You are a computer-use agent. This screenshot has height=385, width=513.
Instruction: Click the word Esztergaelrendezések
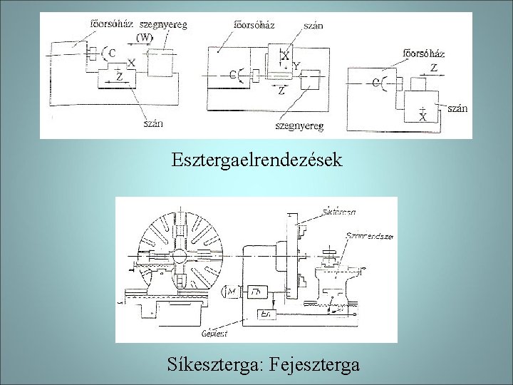tap(256, 158)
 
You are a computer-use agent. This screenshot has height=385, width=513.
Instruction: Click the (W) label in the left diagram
tap(145, 37)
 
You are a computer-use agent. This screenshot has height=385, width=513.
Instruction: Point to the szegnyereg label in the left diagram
tap(164, 24)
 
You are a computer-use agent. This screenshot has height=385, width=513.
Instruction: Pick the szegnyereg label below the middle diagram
tap(299, 126)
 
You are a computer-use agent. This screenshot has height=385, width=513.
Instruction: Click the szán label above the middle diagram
tap(313, 26)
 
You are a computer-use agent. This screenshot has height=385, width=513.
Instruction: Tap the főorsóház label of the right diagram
tap(424, 53)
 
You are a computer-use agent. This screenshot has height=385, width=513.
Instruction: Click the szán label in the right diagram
tap(457, 108)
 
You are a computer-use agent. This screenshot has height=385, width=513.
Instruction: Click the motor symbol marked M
tap(231, 292)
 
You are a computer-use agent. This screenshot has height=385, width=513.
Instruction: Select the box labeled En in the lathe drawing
tap(265, 314)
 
